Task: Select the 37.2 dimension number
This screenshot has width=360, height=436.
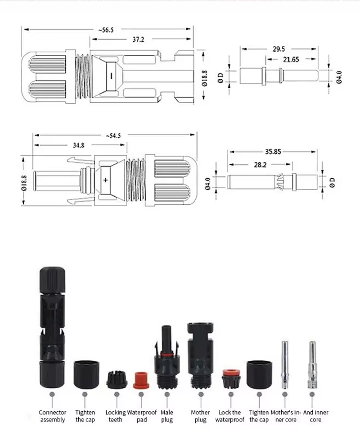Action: tap(138, 40)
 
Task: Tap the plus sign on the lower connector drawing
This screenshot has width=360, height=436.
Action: tap(106, 180)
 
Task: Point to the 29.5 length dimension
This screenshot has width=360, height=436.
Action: tap(279, 49)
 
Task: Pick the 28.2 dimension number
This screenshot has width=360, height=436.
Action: tap(260, 165)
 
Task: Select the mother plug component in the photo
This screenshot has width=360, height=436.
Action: tap(200, 355)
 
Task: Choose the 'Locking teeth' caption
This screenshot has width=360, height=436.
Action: tap(116, 416)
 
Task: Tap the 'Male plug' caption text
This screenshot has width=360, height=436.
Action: tap(167, 416)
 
